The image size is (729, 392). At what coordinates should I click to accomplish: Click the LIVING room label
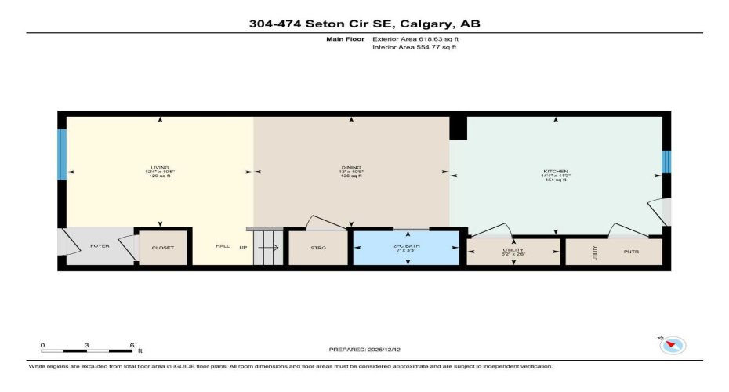coord(160,168)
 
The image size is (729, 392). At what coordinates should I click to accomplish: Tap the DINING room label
coord(350,168)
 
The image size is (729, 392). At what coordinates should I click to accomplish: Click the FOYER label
coord(100,246)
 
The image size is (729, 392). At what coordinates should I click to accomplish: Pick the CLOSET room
coord(163,248)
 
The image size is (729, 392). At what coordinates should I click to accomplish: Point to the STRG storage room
coord(317,248)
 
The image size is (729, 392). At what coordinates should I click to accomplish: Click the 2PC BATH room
coord(407,248)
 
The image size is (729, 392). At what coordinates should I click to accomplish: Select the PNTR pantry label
coord(631,252)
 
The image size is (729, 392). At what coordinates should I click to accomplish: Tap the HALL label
coord(223,246)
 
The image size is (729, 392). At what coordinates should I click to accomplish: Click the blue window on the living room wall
coord(62,154)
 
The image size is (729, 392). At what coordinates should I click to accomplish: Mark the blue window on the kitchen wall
coord(666,161)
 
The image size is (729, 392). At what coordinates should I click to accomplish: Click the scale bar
coord(87,347)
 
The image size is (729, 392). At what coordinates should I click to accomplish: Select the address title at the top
coord(364,24)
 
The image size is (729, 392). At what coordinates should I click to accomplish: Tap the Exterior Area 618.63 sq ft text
coord(415,38)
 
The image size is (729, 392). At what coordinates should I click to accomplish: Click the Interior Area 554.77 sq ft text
coord(414,48)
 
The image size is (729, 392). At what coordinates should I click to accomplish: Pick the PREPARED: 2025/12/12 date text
coord(365,349)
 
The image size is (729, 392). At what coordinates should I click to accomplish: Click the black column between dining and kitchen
coord(458,128)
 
